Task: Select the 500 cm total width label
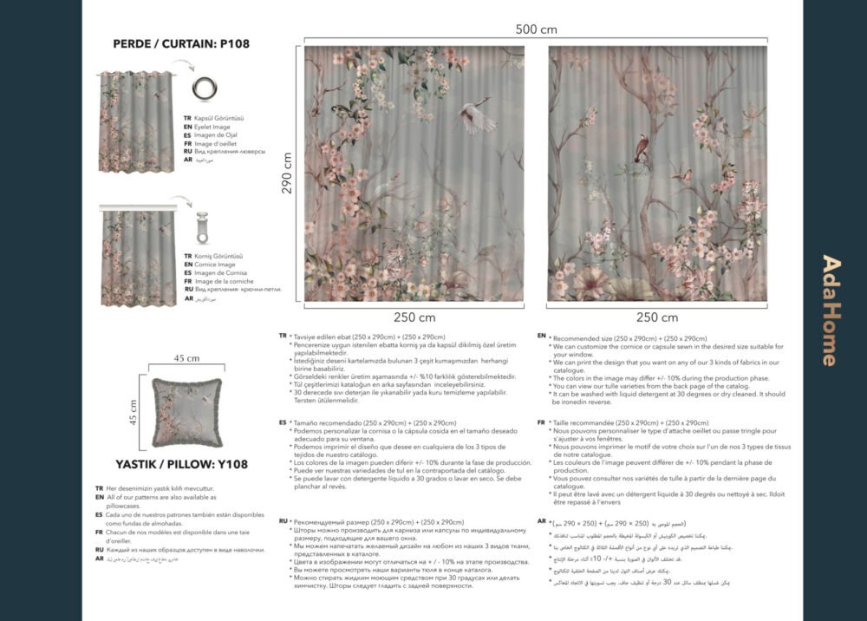[x=536, y=29]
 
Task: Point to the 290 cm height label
[x=288, y=173]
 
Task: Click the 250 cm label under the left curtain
[x=414, y=317]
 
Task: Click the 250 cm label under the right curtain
[x=657, y=317]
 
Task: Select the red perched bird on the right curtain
[x=642, y=148]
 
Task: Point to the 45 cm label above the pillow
[x=186, y=358]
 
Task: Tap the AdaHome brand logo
[x=830, y=310]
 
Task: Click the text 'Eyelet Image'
[x=212, y=127]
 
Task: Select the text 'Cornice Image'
[x=213, y=265]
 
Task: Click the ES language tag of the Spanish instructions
[x=283, y=422]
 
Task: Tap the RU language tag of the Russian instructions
[x=283, y=521]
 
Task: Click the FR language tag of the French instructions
[x=541, y=422]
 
